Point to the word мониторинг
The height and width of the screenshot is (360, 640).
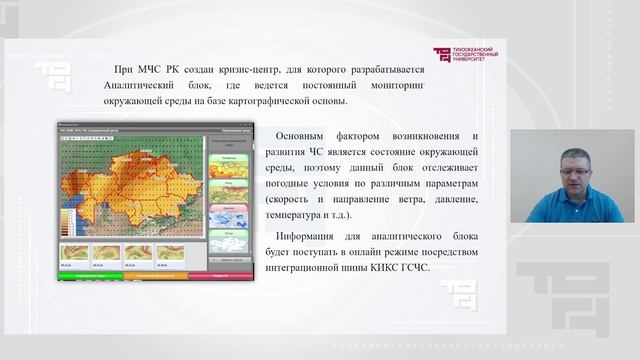click(x=390, y=85)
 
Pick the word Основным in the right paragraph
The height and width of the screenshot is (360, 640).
click(x=309, y=135)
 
